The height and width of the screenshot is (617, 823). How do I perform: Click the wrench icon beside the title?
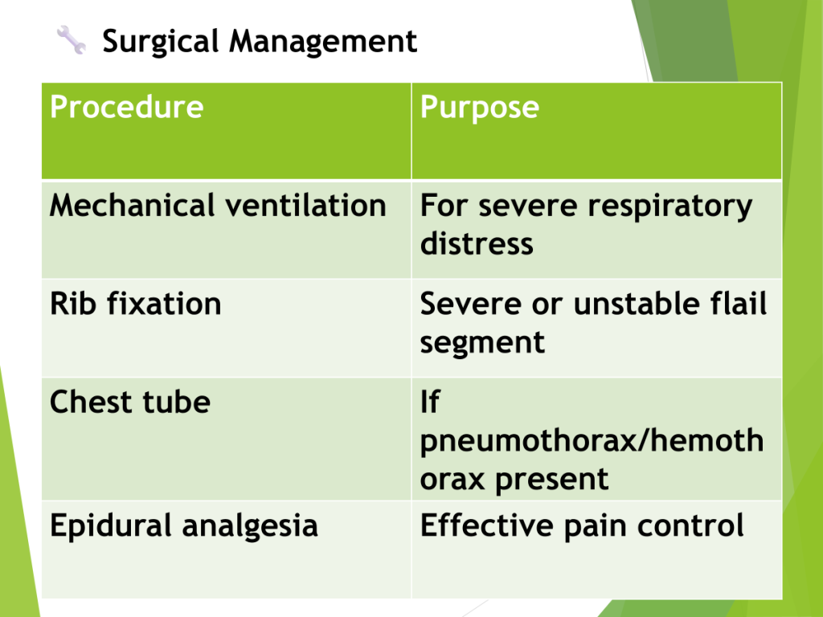(x=72, y=40)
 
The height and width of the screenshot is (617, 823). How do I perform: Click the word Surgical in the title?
(x=160, y=42)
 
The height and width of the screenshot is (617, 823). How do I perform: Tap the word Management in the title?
(x=323, y=41)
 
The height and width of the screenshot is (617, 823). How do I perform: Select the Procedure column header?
(x=126, y=107)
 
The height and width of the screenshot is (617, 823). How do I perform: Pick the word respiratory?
(x=669, y=206)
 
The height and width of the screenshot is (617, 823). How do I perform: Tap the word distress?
(x=477, y=244)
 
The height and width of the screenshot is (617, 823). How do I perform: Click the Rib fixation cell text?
(x=135, y=304)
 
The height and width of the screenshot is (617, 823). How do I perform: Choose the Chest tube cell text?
(x=130, y=402)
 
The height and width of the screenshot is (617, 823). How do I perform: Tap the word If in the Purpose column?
(x=430, y=402)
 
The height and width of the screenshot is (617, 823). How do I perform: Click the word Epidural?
(x=110, y=526)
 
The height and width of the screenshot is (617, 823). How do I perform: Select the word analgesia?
(x=250, y=527)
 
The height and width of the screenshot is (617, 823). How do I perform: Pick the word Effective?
(x=486, y=525)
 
